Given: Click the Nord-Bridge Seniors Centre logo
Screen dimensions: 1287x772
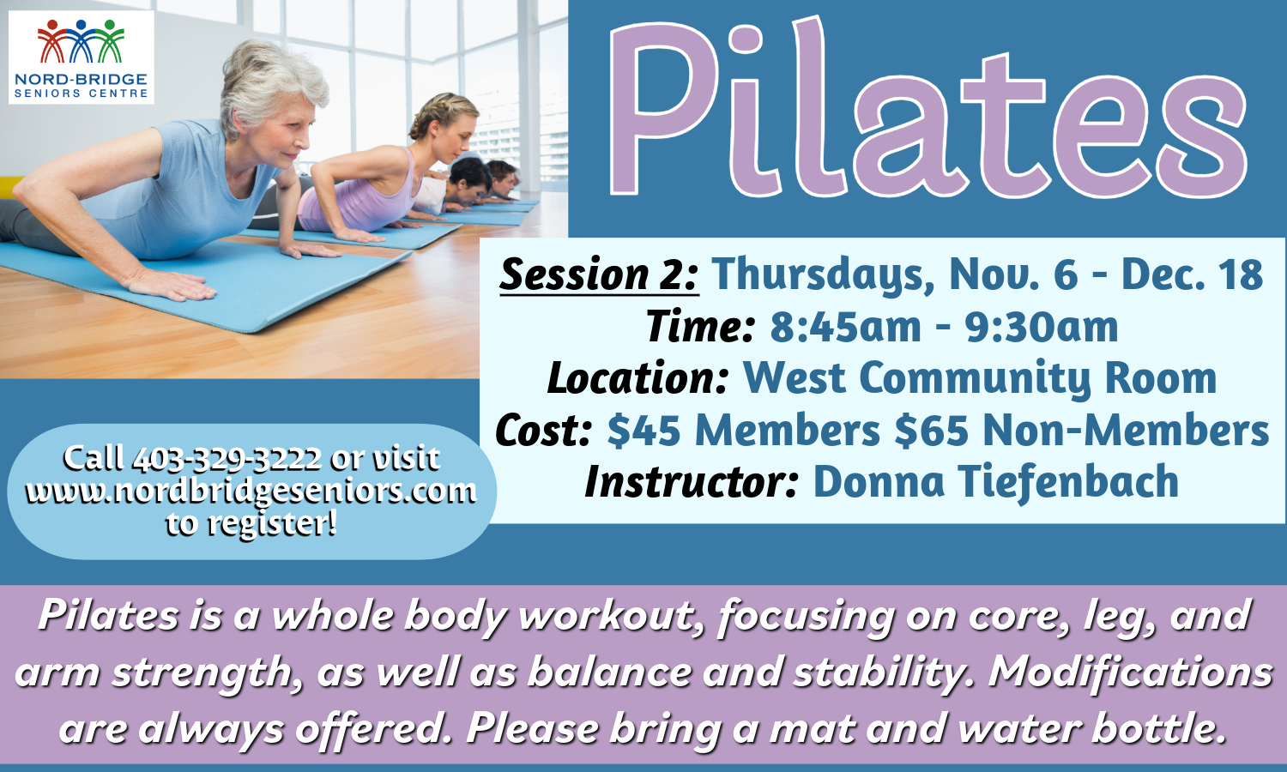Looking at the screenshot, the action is [81, 57].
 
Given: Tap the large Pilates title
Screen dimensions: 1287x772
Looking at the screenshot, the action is [926, 109].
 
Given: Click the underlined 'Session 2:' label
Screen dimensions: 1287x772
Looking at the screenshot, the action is [599, 274].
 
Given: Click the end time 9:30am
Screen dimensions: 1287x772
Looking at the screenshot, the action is [1042, 327].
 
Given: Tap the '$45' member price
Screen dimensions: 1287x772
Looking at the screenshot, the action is [644, 430].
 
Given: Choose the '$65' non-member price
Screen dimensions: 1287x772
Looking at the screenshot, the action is [931, 430].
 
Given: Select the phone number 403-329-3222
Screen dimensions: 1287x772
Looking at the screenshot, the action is [227, 460].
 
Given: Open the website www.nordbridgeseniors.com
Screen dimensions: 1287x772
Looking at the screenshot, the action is [251, 492].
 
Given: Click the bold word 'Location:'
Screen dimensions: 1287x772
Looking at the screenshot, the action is [637, 378].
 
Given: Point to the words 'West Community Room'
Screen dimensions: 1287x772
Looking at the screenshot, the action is [980, 379].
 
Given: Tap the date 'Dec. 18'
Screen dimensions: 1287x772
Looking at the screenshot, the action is [1192, 274].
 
